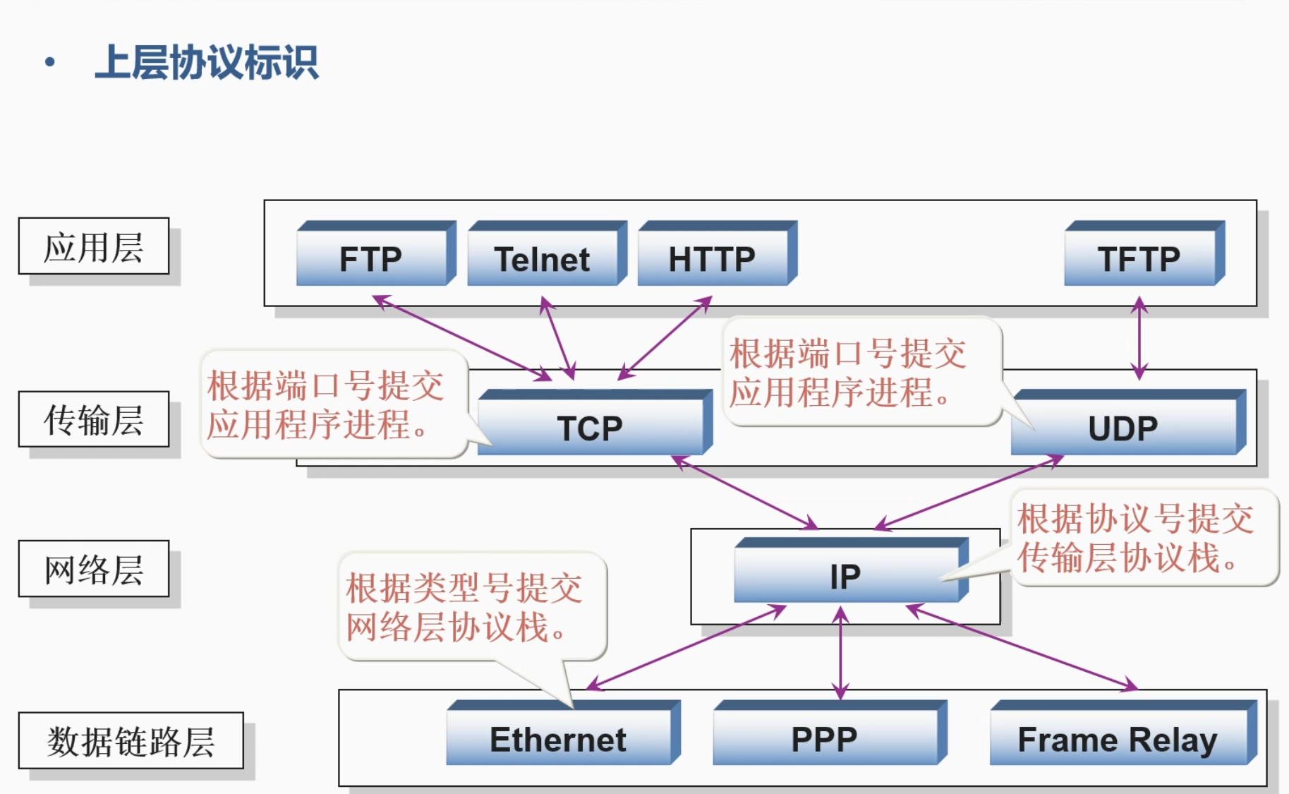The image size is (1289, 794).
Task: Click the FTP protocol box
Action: (371, 258)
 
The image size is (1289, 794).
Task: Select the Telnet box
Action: (542, 258)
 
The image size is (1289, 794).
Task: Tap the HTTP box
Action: (713, 258)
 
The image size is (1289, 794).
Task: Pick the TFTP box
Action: (1139, 258)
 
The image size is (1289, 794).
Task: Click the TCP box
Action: (590, 427)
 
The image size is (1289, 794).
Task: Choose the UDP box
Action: (1123, 427)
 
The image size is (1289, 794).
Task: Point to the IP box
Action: (845, 576)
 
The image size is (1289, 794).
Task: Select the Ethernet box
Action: (558, 739)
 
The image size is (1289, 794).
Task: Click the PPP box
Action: (824, 739)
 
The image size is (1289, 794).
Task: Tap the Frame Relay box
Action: (1118, 739)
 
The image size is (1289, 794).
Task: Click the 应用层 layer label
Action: (94, 246)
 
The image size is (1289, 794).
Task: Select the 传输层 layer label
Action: (94, 419)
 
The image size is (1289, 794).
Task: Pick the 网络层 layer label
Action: (94, 569)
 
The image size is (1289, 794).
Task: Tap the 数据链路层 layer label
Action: (131, 740)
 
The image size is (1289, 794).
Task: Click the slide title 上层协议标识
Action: (207, 62)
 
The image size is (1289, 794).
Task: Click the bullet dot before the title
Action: (49, 62)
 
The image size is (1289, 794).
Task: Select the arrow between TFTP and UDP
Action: (1139, 339)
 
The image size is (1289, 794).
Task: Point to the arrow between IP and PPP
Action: (840, 653)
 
